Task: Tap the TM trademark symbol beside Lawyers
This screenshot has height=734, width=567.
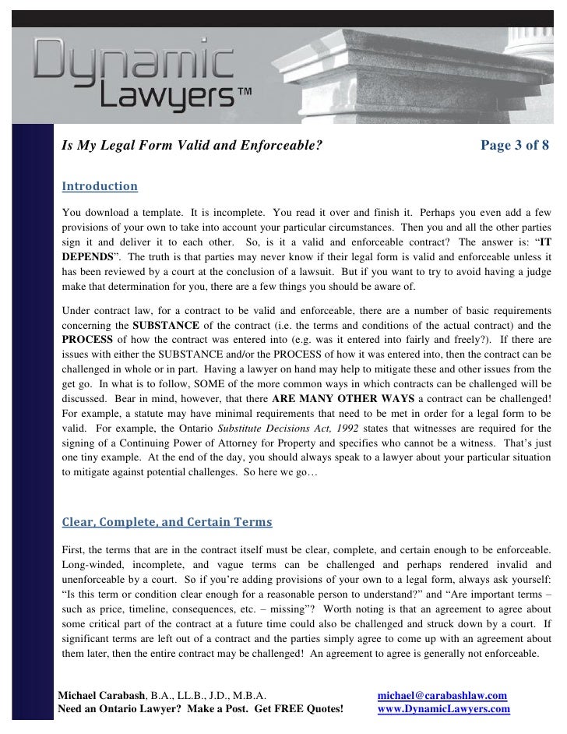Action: pos(242,94)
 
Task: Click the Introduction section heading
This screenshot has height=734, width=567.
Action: pos(99,187)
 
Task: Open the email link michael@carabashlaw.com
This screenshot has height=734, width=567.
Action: pos(442,695)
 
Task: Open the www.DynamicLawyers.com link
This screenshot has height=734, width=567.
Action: pos(443,709)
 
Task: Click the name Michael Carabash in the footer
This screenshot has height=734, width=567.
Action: pos(107,695)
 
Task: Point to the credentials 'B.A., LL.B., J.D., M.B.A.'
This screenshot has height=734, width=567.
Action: pos(212,695)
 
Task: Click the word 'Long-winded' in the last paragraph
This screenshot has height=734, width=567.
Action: pos(90,563)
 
